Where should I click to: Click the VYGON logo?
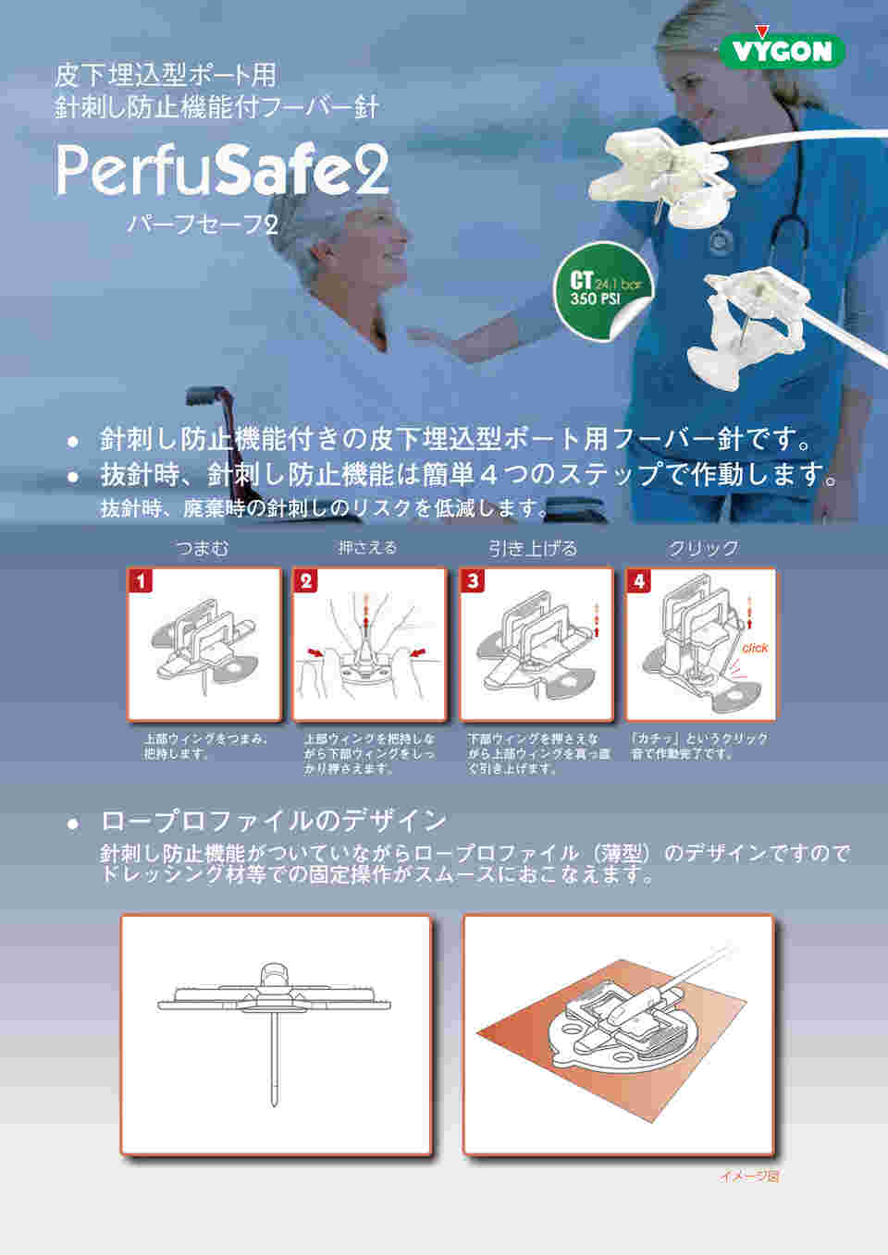[782, 49]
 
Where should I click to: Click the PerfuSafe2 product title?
[223, 170]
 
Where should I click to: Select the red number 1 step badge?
[141, 580]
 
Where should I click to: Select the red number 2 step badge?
[305, 580]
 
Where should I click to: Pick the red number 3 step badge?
[472, 580]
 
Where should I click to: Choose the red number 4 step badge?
[638, 580]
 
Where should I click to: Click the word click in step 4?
[755, 648]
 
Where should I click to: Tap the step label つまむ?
[203, 548]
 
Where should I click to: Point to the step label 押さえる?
[368, 547]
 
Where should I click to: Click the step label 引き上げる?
[533, 548]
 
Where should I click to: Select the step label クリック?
[703, 548]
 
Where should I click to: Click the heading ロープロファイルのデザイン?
[274, 822]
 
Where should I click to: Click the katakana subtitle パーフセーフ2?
[203, 225]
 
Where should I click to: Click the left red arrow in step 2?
[316, 653]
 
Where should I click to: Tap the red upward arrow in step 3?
[597, 621]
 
